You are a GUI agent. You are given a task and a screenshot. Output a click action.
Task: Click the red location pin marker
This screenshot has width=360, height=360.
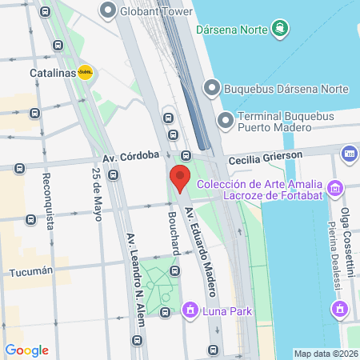tap(179, 178)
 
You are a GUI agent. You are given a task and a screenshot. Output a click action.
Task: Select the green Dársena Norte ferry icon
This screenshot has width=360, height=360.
tap(279, 29)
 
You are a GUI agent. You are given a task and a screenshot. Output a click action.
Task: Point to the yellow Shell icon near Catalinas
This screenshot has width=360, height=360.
tap(85, 72)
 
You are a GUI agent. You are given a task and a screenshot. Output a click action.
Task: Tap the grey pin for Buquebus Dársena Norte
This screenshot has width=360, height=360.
tap(211, 86)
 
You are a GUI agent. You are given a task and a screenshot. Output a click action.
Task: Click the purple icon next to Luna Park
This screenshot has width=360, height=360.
tap(190, 309)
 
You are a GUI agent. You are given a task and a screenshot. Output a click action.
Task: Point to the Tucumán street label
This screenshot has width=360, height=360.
tap(30, 272)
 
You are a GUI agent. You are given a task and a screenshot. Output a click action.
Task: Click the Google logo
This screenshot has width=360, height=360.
tap(27, 350)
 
